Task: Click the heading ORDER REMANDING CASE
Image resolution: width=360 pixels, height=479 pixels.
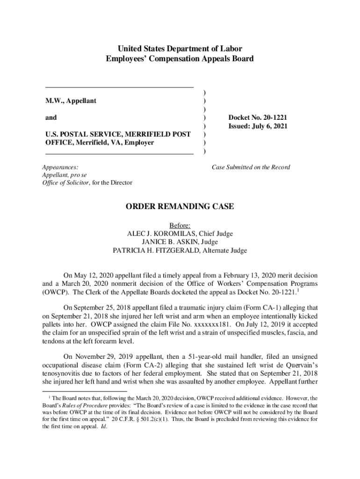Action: [x=180, y=207]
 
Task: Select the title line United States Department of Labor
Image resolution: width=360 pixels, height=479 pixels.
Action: [x=180, y=49]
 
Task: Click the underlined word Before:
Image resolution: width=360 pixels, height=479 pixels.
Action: [x=180, y=225]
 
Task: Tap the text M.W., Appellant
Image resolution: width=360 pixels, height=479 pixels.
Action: [x=71, y=101]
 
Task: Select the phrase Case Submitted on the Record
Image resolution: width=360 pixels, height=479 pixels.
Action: [x=251, y=167]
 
